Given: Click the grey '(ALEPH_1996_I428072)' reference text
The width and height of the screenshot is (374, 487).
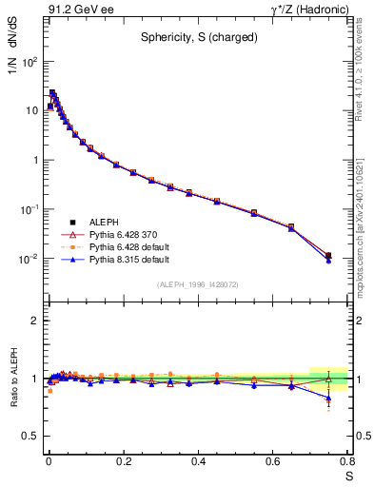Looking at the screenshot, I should (x=197, y=284).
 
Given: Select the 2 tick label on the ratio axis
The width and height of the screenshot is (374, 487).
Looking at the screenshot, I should (x=31, y=321).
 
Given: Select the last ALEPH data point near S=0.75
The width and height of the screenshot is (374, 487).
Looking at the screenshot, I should (x=328, y=255).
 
